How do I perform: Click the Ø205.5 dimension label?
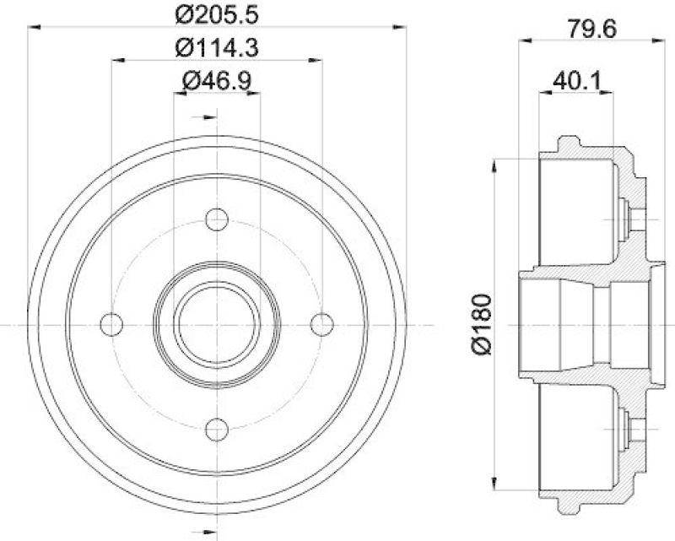(x=217, y=14)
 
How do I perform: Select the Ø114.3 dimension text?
(x=217, y=47)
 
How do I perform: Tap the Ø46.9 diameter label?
(x=217, y=80)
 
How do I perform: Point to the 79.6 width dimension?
(x=592, y=30)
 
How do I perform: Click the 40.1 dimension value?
(x=576, y=80)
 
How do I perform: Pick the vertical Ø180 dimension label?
(x=482, y=324)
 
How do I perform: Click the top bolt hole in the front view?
(x=217, y=219)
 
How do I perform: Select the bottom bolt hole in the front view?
(x=217, y=430)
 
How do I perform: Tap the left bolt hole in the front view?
(x=111, y=324)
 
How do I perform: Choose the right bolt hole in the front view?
(x=322, y=324)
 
